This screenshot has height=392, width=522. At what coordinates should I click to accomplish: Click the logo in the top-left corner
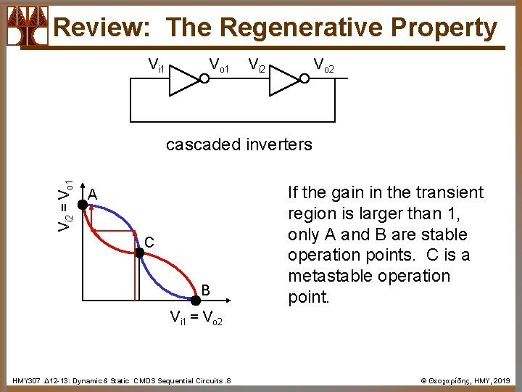point(27,26)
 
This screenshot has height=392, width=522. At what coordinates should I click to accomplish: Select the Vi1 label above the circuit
point(156,66)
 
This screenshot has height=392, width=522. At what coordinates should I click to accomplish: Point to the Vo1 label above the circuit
point(219,66)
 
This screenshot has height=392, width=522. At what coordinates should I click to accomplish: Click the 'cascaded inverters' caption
point(239,144)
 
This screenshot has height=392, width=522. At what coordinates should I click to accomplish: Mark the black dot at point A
point(83,205)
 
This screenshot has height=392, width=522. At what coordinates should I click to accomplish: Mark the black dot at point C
point(139,253)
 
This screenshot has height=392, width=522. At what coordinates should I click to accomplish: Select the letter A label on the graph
point(92,194)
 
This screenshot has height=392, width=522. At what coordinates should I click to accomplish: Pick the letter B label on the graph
point(206,290)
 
